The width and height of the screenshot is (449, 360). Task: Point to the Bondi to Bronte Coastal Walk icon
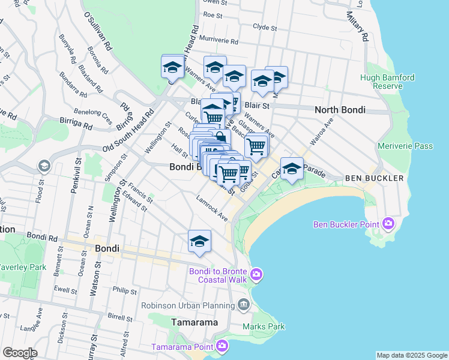coord(257,274)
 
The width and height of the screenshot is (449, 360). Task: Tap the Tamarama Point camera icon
coord(222,346)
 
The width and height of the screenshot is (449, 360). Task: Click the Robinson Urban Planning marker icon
coord(243,305)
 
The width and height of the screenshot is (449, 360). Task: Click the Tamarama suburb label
coord(194,322)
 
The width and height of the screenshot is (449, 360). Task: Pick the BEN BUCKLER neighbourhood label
coord(369,179)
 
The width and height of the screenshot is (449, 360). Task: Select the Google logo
coord(20,353)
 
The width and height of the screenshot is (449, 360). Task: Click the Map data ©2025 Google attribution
coord(411,355)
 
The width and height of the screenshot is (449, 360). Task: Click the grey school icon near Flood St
coord(43,166)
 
